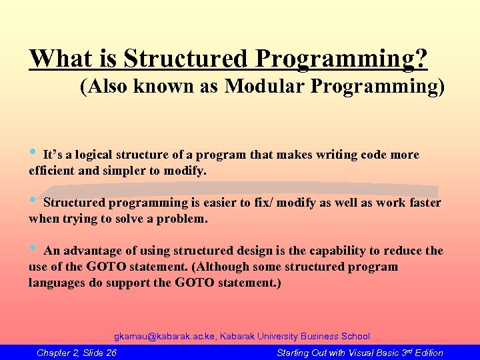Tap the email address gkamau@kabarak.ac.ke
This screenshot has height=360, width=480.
pos(166,337)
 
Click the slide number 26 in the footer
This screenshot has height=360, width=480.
pos(111,353)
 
